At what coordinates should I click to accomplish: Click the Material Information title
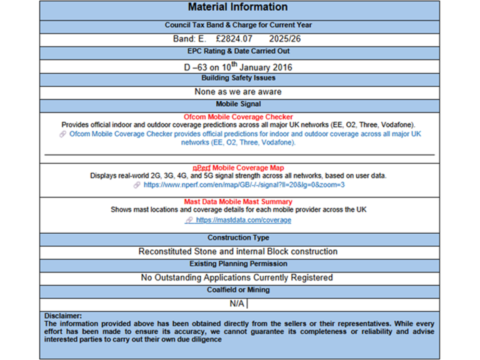(x=237, y=7)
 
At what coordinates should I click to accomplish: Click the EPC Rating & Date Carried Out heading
(x=237, y=51)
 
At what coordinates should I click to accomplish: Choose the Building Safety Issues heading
(x=237, y=78)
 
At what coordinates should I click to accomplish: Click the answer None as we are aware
(x=237, y=91)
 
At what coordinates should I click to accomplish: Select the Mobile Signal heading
(x=237, y=104)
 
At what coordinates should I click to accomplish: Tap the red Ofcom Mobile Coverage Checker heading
(x=237, y=117)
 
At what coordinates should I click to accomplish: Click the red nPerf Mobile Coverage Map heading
(x=237, y=168)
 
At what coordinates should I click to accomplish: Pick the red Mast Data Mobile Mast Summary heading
(x=237, y=202)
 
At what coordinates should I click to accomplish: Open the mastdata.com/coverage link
(x=243, y=220)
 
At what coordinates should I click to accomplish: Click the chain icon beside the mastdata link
(x=189, y=220)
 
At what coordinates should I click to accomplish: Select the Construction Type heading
(x=237, y=238)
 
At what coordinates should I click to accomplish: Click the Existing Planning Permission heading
(x=237, y=264)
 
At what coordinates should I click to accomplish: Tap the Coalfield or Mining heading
(x=237, y=290)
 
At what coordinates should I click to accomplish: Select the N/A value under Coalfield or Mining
(x=237, y=304)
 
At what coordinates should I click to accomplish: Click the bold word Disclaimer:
(x=63, y=316)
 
